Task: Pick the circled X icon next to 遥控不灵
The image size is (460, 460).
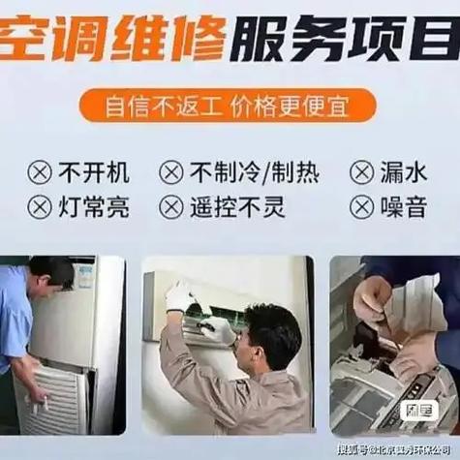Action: (x=171, y=206)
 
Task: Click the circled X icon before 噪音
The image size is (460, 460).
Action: (x=362, y=206)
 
